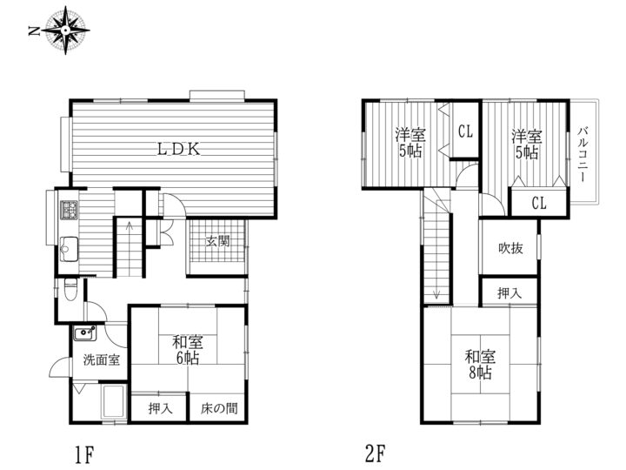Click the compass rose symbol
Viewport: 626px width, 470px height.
point(66,30)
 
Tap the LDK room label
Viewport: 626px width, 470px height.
point(179,149)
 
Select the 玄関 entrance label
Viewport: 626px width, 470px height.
point(218,241)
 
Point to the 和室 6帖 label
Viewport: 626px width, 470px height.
point(185,349)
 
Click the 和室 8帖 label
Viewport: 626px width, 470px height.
point(478,364)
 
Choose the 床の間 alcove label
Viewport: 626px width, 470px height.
point(218,408)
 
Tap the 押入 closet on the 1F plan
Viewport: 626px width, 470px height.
point(159,408)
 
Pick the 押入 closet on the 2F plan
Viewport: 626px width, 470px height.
point(509,292)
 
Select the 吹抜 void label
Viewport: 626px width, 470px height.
point(510,249)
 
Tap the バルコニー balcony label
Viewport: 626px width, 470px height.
point(582,153)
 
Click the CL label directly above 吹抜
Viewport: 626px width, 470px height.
point(538,204)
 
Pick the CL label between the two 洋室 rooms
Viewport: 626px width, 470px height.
point(464,132)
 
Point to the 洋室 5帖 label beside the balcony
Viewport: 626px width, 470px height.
point(526,144)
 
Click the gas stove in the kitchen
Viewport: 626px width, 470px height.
point(69,211)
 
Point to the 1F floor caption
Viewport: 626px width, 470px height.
point(83,453)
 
